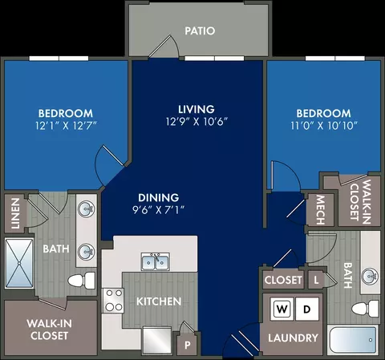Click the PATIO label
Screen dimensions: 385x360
point(200,30)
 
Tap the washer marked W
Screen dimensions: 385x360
point(282,309)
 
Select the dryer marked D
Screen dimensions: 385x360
point(307,309)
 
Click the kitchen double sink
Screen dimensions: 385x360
point(156,261)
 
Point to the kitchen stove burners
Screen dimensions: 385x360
point(114,301)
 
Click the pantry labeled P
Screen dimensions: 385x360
point(188,345)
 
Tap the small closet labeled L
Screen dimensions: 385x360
point(316,280)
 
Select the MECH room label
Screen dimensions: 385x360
point(321,210)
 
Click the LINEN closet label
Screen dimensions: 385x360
point(15,213)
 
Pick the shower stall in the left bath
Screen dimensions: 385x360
point(19,263)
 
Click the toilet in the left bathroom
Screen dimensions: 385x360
point(82,281)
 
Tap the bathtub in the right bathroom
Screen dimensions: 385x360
point(353,340)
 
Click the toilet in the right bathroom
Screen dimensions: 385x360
point(365,309)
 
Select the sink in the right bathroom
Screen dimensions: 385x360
point(370,276)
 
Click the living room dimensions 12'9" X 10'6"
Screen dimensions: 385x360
point(197,122)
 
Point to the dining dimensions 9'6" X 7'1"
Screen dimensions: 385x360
point(159,210)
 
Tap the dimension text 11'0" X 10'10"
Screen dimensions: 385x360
point(324,125)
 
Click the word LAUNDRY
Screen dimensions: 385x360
point(293,338)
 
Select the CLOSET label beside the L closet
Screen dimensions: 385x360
point(283,280)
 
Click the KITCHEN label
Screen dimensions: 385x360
point(159,301)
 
